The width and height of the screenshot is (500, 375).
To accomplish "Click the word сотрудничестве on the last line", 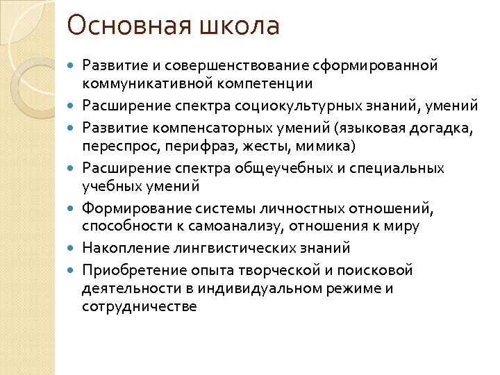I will [139, 306].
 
